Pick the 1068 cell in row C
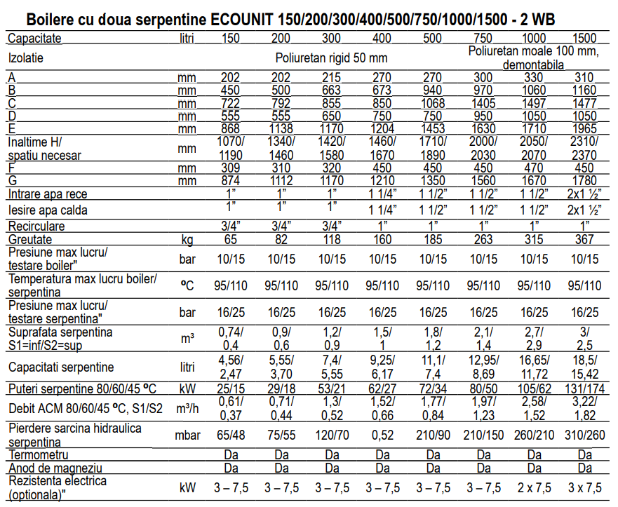pyautogui.click(x=433, y=102)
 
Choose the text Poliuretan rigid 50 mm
pyautogui.click(x=331, y=58)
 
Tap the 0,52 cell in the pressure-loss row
pyautogui.click(x=382, y=435)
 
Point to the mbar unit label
pyautogui.click(x=187, y=435)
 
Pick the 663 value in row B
pyautogui.click(x=332, y=90)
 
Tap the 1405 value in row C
pyautogui.click(x=483, y=102)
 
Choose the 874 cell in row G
pyautogui.click(x=231, y=181)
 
